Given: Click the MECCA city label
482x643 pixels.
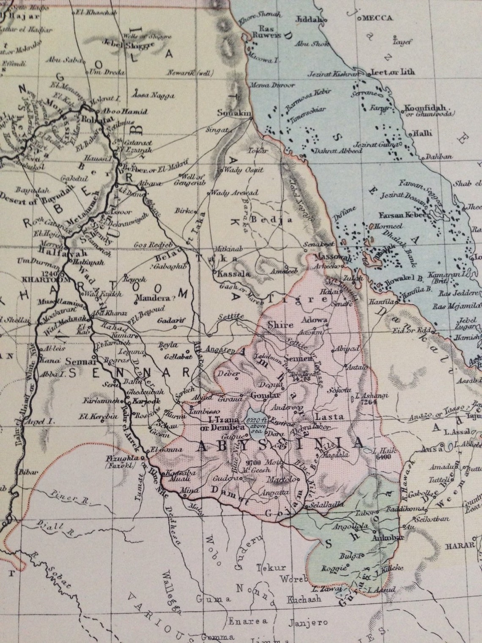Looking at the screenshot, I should coord(377,18).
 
